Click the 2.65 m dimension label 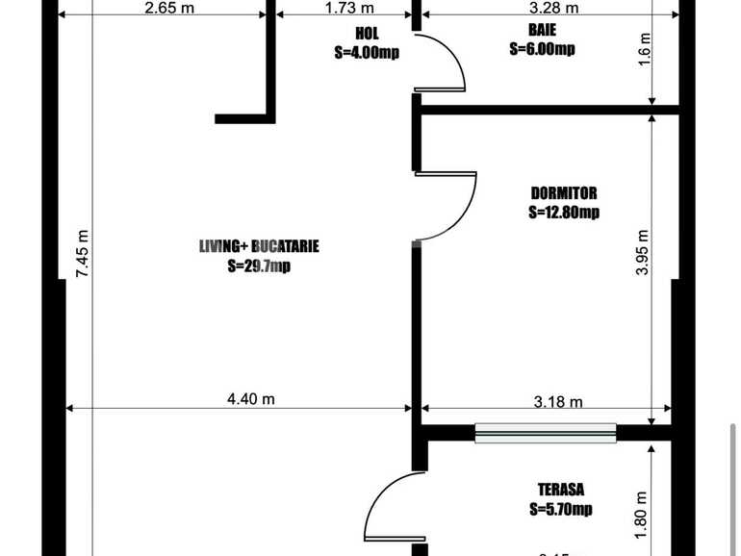[164, 9]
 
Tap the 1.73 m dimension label [344, 9]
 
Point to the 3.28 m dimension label [557, 9]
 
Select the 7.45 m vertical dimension [83, 254]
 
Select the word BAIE [542, 30]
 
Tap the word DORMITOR [564, 192]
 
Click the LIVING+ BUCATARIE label [259, 246]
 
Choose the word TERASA [563, 489]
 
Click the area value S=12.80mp [564, 213]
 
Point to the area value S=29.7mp [259, 266]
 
